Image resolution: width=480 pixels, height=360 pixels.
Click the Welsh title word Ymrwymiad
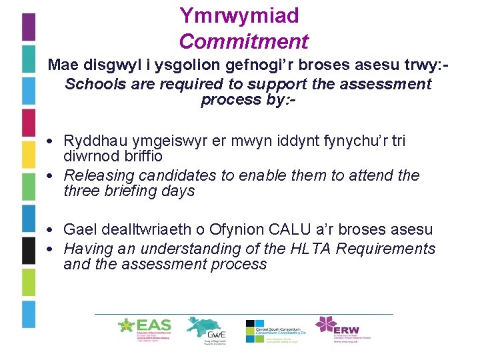239,15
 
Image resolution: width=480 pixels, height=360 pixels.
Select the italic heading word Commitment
243,41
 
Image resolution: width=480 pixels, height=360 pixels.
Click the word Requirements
393,249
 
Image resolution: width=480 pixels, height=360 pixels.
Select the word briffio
143,156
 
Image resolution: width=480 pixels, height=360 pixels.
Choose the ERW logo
344,329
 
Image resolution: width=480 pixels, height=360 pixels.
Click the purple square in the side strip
28,27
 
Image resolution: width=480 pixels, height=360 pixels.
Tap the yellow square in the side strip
28,155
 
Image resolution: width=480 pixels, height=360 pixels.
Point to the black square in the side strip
28,251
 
